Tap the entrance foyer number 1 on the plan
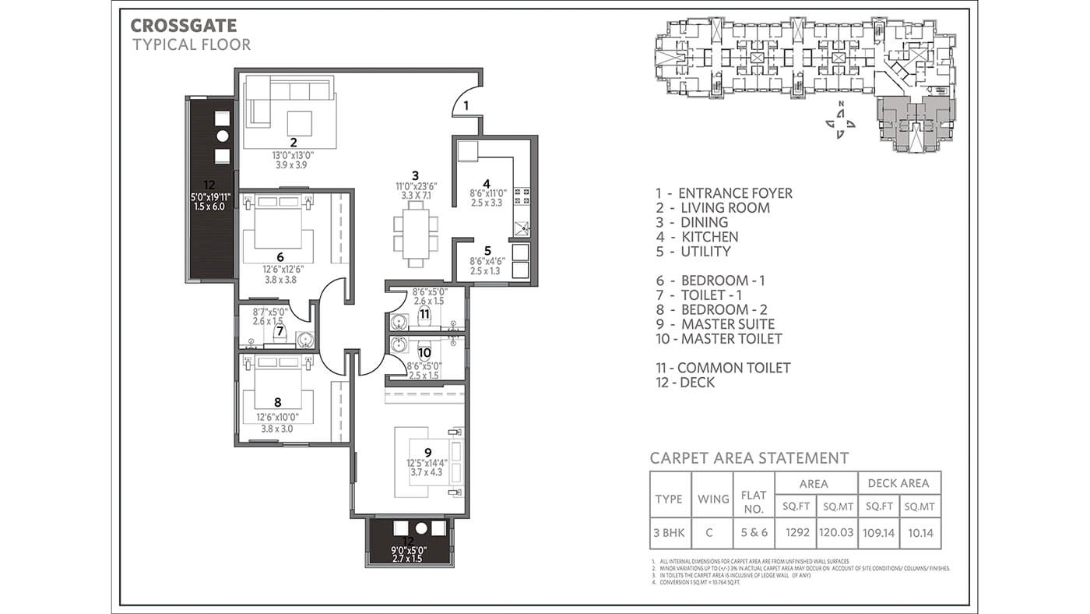tap(466, 104)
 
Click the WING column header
tap(713, 499)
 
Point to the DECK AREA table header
tap(898, 483)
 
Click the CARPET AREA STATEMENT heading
tap(749, 458)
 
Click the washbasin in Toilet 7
tap(304, 340)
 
